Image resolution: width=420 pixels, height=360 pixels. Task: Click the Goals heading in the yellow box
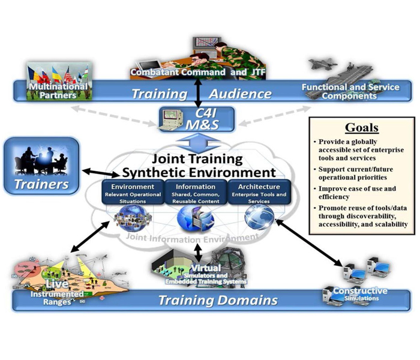(x=361, y=128)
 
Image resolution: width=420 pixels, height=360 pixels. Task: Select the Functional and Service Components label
(x=350, y=92)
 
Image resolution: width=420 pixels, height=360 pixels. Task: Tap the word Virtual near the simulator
(x=205, y=268)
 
